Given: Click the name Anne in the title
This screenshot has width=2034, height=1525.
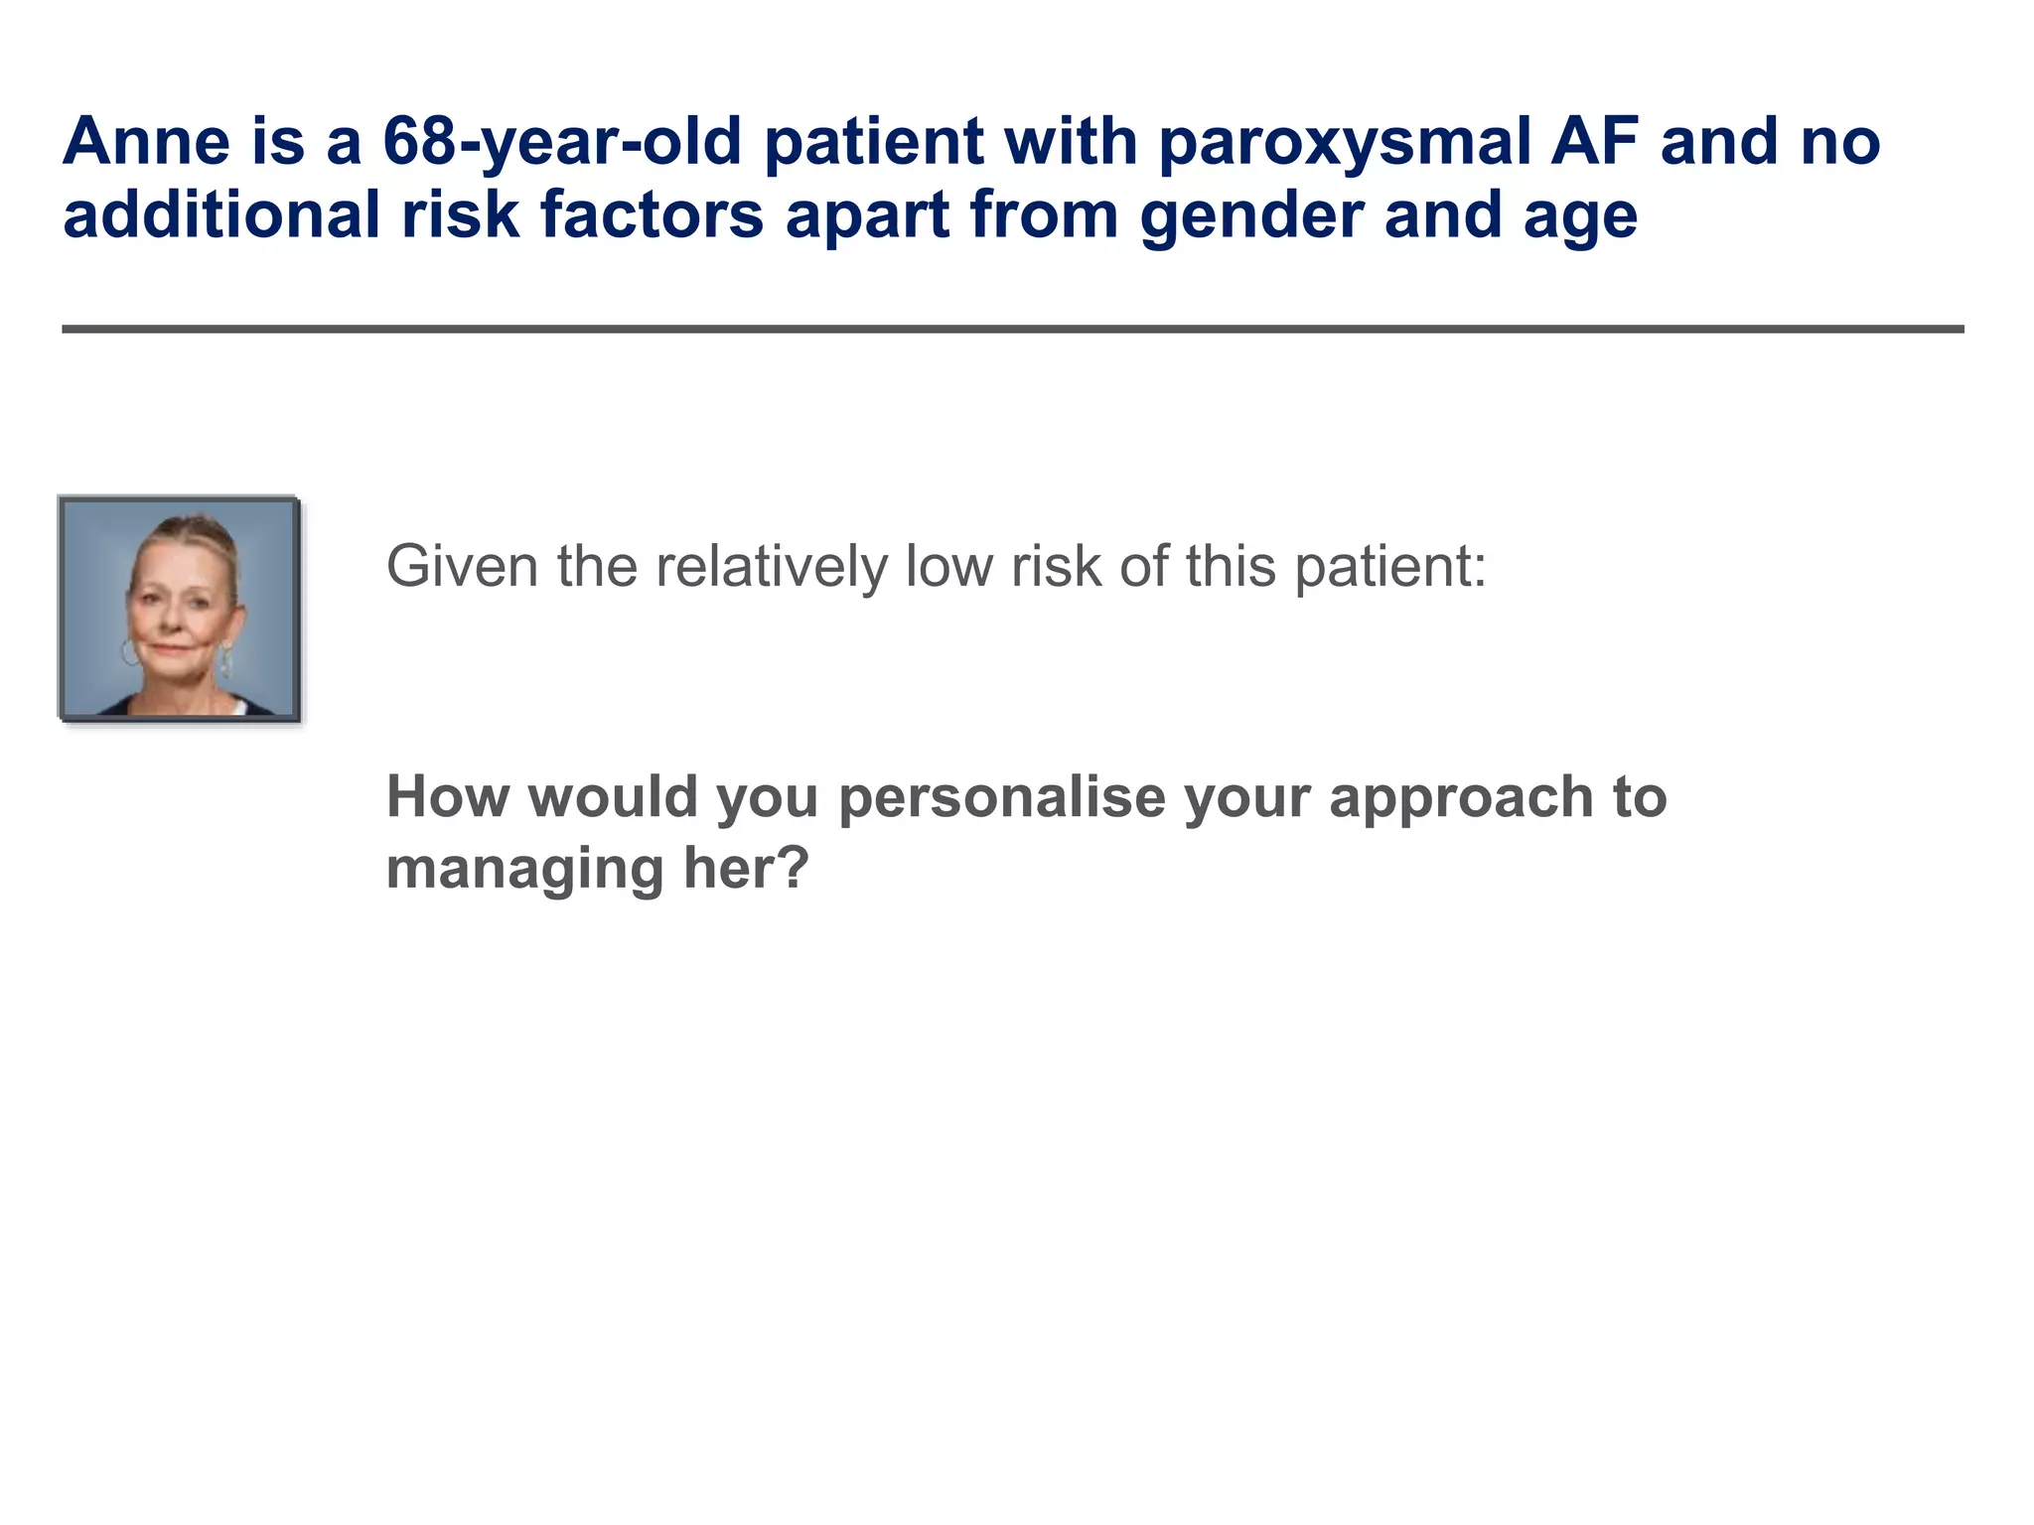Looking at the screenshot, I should pyautogui.click(x=146, y=142).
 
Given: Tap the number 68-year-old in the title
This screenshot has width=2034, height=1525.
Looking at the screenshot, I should pyautogui.click(x=562, y=142).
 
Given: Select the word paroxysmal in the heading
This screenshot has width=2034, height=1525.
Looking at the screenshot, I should pyautogui.click(x=1344, y=142).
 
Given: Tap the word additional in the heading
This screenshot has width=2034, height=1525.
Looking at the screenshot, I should pyautogui.click(x=221, y=215).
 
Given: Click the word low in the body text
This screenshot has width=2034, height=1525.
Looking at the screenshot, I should pyautogui.click(x=948, y=567).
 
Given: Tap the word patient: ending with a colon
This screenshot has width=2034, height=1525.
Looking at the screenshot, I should pyautogui.click(x=1390, y=567).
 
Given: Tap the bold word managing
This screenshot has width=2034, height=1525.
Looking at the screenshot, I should pyautogui.click(x=523, y=869).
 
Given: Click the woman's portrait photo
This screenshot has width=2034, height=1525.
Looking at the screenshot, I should pyautogui.click(x=180, y=609).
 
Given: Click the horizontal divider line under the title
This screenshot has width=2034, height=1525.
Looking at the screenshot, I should pyautogui.click(x=1013, y=329).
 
